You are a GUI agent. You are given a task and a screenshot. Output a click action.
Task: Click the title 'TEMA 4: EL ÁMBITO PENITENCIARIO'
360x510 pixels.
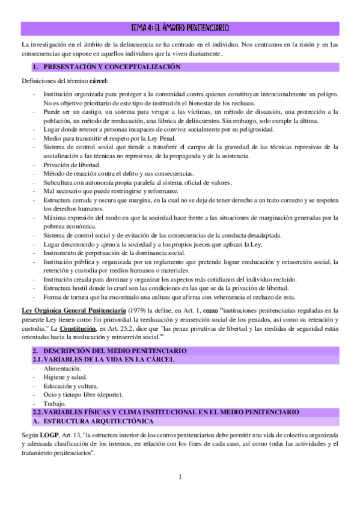(x=180, y=28)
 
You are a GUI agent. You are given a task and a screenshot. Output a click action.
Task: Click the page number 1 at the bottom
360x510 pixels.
(x=180, y=477)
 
